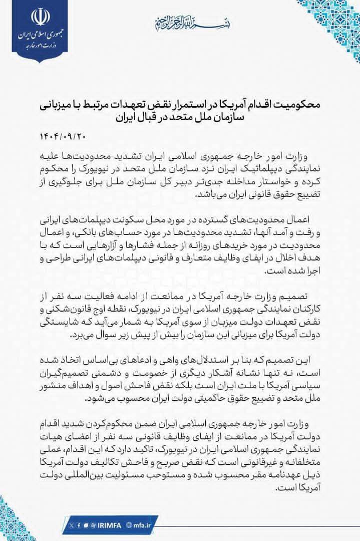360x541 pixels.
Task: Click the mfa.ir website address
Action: pyautogui.click(x=145, y=524)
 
